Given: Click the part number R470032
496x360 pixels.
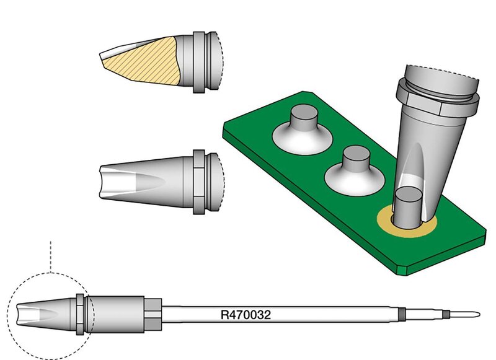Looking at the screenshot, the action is [x=246, y=315].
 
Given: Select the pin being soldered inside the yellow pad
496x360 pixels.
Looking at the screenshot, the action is [x=408, y=207].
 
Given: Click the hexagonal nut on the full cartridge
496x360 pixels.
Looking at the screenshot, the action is [x=153, y=315].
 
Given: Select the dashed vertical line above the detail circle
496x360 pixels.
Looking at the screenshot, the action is [x=51, y=257].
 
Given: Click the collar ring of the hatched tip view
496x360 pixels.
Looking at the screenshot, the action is [x=199, y=62].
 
